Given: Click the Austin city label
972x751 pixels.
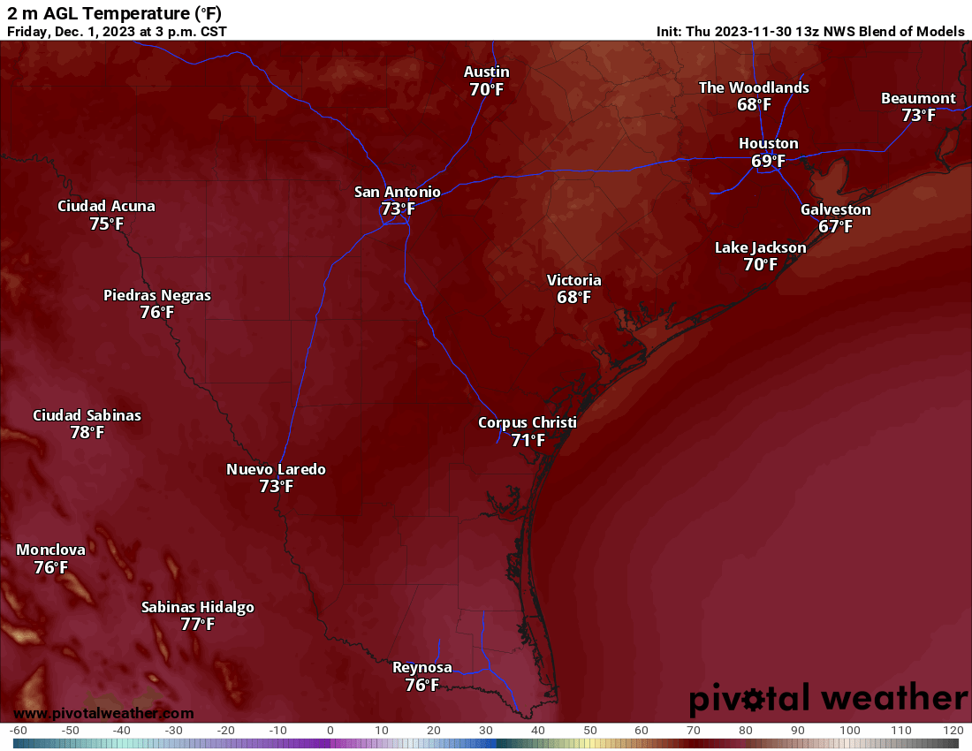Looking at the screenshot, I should (x=487, y=72).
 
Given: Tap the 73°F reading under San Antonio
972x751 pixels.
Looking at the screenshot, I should (x=398, y=209).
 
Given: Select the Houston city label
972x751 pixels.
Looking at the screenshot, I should (x=768, y=143).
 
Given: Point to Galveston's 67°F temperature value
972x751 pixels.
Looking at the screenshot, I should (x=835, y=227).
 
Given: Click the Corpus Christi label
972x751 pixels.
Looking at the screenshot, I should (x=527, y=422).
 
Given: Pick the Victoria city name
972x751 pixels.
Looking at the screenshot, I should (x=573, y=280).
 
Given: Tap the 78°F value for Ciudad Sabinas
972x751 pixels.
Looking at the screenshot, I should (x=87, y=433).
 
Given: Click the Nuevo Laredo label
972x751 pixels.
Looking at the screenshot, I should (x=276, y=469).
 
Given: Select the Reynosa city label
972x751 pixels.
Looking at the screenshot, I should (x=421, y=667).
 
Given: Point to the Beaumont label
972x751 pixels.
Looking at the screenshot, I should (x=918, y=98).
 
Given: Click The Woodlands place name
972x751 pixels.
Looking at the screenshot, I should (x=754, y=87).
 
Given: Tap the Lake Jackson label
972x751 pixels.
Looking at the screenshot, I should (x=760, y=247).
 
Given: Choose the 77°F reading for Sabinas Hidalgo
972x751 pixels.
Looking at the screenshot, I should (x=197, y=625).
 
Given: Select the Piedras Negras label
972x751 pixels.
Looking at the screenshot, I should (x=157, y=295).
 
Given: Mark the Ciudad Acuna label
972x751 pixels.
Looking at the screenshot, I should (x=106, y=206).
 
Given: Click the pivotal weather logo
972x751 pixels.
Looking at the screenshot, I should (x=828, y=699).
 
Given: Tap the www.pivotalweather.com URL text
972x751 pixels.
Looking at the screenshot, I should (x=103, y=713).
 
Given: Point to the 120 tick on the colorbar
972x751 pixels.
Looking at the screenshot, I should (x=953, y=731).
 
